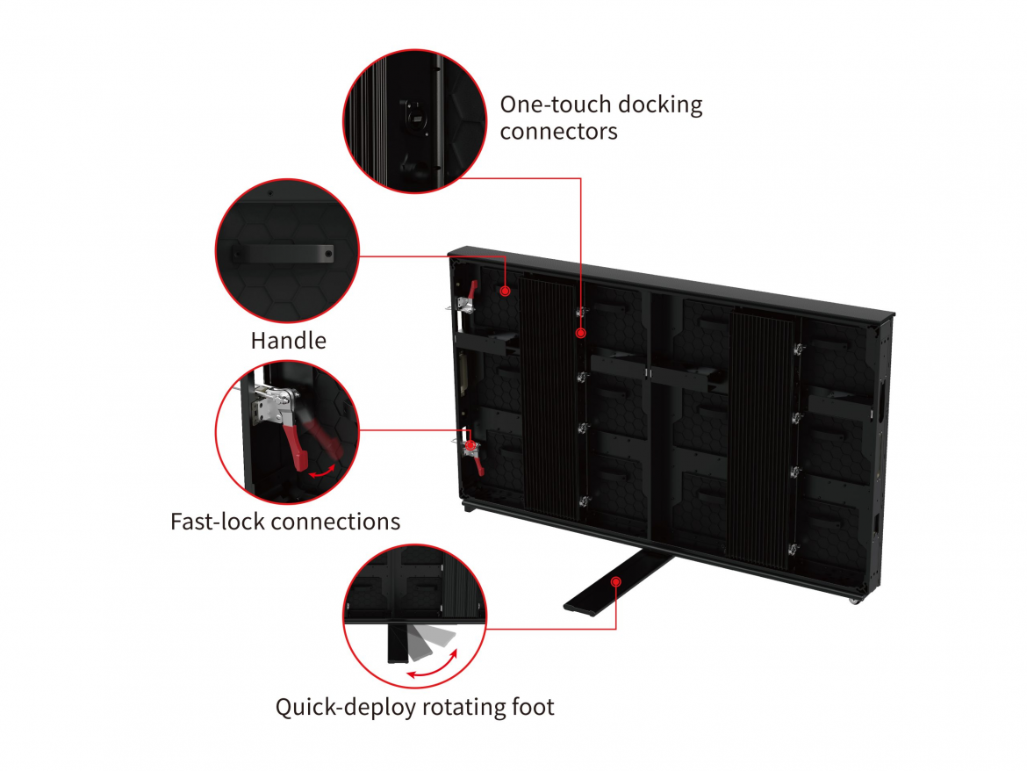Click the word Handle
pos(288,341)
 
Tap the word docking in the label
pos(660,105)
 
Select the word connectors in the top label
pos(558,132)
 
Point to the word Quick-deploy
pos(346,707)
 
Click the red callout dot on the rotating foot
pos(616,581)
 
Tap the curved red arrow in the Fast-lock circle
pos(324,471)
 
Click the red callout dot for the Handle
pos(506,290)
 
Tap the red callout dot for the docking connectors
pos(580,333)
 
